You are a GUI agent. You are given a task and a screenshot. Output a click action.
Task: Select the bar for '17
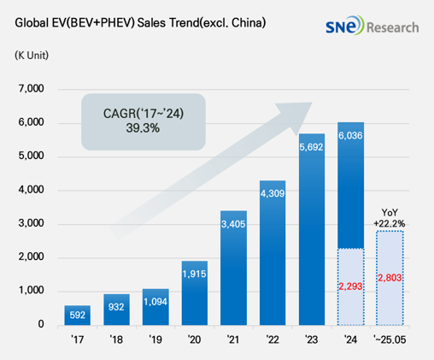77,315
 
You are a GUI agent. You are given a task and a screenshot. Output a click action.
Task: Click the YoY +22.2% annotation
389,217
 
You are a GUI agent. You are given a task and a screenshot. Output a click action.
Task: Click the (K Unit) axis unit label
32,56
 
